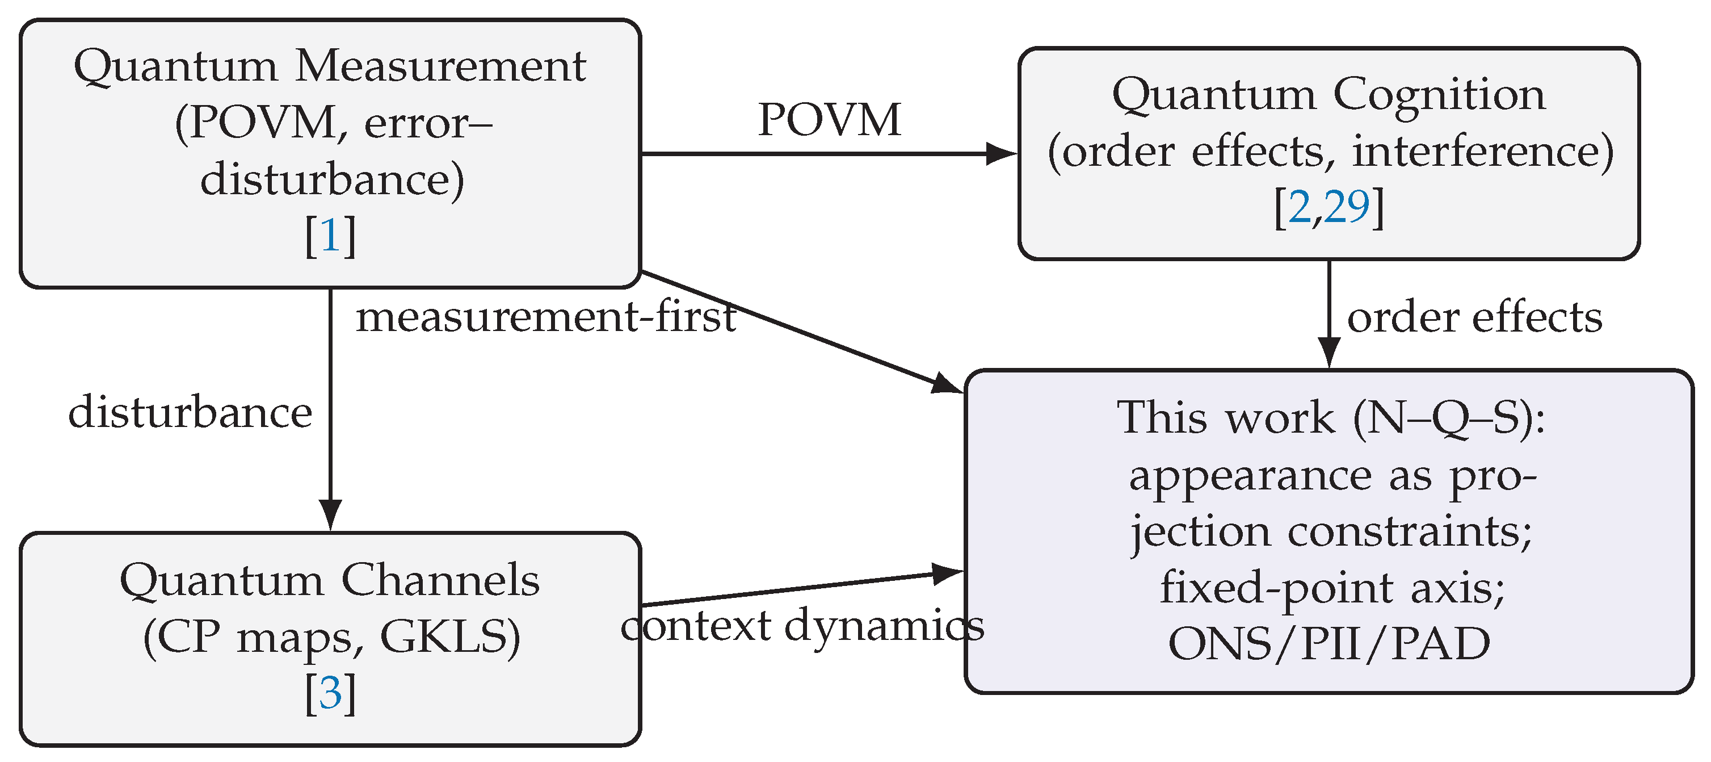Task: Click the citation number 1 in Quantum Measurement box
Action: click(330, 236)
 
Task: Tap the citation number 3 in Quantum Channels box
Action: click(330, 693)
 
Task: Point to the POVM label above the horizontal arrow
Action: click(829, 120)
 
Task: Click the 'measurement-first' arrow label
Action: click(546, 317)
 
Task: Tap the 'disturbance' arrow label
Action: click(190, 413)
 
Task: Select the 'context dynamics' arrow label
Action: click(802, 625)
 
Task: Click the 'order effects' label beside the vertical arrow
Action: click(1474, 317)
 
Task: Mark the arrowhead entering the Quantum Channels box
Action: click(330, 514)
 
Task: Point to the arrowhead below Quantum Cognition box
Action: click(1329, 351)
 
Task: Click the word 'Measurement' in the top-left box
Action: click(440, 66)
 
